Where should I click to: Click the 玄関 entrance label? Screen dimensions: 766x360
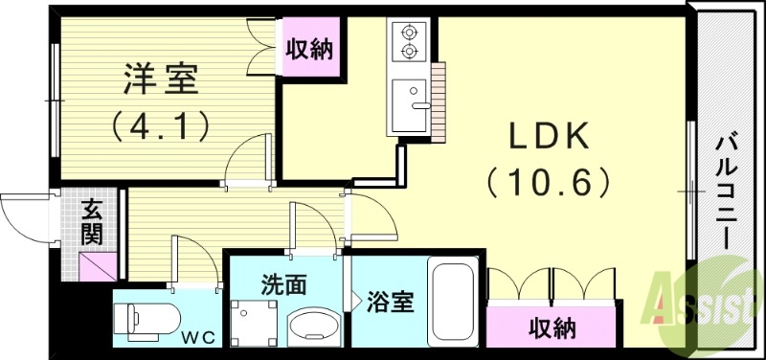click(x=93, y=220)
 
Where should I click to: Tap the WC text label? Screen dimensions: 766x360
click(x=200, y=336)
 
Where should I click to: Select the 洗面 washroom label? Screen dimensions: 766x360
click(x=284, y=284)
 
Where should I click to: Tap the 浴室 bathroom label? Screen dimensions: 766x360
click(x=390, y=302)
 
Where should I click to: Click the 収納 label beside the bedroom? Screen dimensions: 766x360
click(x=310, y=49)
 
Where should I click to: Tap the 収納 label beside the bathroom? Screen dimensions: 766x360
click(x=552, y=328)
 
